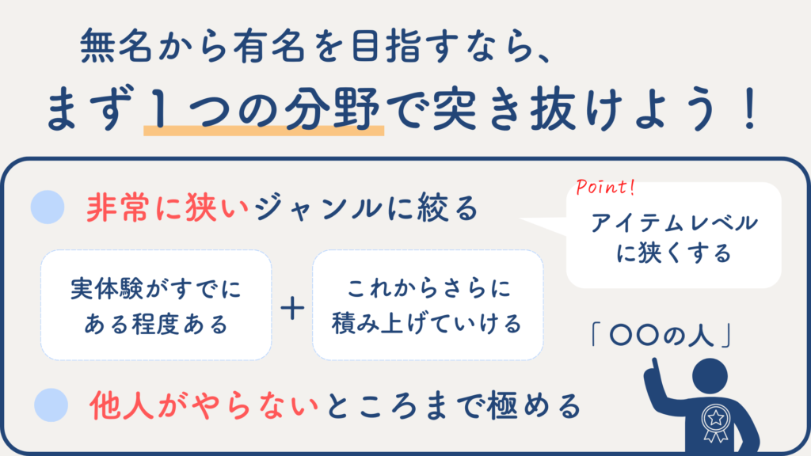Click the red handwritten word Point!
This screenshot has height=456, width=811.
tap(605, 187)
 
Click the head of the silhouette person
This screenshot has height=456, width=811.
tap(710, 376)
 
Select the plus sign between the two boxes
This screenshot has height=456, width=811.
tap(292, 308)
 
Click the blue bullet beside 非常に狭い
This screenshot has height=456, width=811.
tap(48, 207)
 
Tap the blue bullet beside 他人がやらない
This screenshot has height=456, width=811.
tap(51, 405)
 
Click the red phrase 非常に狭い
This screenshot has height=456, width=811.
tap(168, 208)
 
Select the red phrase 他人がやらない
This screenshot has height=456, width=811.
tap(204, 405)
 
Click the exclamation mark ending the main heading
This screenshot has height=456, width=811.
tap(749, 109)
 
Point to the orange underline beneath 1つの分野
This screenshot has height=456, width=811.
tap(264, 131)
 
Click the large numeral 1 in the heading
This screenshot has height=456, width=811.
tap(160, 108)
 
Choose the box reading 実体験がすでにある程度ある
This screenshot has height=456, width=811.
tap(156, 305)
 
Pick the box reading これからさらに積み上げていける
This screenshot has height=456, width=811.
tap(428, 305)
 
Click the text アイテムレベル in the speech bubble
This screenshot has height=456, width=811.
tap(675, 222)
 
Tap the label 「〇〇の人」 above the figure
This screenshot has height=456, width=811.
tap(661, 336)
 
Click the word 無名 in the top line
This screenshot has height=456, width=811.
tap(116, 45)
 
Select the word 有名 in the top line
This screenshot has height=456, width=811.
tap(268, 45)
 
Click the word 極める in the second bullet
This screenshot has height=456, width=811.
tap(535, 405)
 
